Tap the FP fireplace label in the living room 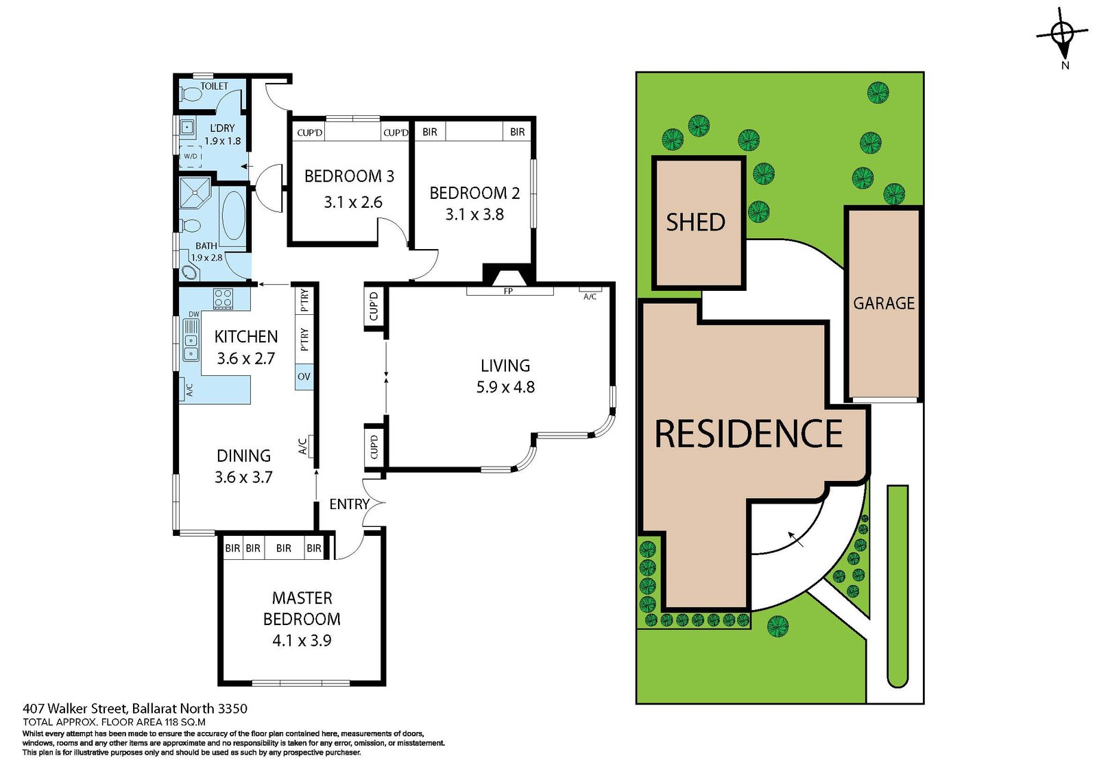click(508, 291)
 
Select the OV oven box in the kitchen click(304, 377)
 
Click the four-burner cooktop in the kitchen click(223, 298)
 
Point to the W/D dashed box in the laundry click(191, 156)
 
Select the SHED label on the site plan click(695, 222)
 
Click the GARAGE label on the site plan click(884, 303)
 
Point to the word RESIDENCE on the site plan click(749, 434)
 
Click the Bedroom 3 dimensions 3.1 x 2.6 click(353, 202)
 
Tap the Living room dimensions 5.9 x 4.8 click(505, 387)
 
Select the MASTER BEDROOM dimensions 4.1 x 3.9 click(302, 640)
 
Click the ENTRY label click(349, 504)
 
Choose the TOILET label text click(215, 86)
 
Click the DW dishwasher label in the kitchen click(194, 314)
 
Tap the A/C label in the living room click(590, 296)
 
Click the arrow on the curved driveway click(795, 538)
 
